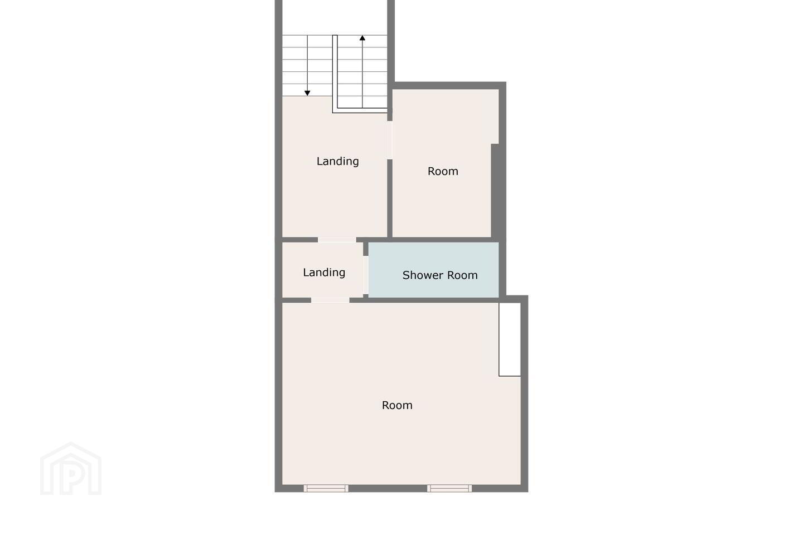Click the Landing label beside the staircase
338,162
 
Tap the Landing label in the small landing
324,273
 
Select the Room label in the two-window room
397,405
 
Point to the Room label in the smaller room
443,171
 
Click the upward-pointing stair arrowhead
362,38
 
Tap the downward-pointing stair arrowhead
307,93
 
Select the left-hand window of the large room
326,488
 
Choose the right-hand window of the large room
449,488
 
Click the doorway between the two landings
337,240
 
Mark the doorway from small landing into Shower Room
366,275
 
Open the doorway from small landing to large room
330,300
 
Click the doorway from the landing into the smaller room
390,140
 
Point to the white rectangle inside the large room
510,339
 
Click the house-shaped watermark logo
71,469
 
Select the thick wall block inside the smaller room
495,191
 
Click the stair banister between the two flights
335,74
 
